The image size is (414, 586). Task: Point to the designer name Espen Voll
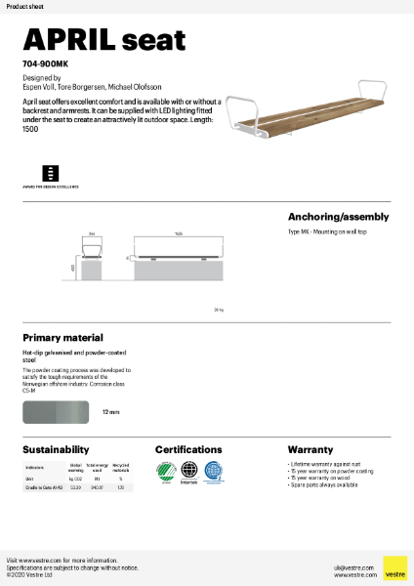[x=41, y=86]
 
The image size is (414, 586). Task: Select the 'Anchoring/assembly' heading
[x=338, y=216]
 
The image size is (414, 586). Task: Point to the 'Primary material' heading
[x=62, y=337]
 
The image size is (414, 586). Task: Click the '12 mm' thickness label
[x=111, y=413]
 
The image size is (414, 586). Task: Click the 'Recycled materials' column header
[x=120, y=469]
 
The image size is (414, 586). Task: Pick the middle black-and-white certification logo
[x=187, y=472]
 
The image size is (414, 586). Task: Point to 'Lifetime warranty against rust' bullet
[x=323, y=464]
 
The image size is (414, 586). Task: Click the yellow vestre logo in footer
[x=394, y=568]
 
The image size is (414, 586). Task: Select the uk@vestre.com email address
[x=349, y=566]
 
